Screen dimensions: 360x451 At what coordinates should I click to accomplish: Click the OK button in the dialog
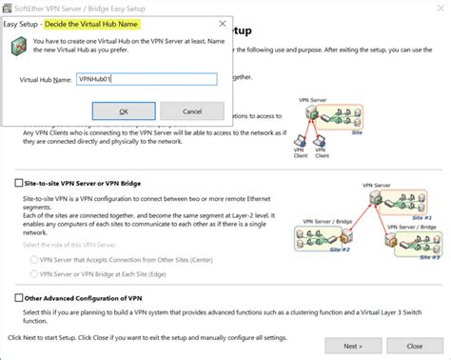point(123,111)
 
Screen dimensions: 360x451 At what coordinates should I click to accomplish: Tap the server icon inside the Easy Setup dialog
point(18,47)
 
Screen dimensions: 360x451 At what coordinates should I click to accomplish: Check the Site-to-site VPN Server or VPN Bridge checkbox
point(18,181)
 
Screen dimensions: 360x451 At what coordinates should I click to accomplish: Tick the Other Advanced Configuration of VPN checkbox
point(18,298)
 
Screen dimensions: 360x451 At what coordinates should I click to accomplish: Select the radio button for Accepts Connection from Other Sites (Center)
point(34,258)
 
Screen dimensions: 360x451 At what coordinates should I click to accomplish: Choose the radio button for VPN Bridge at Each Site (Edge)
point(34,273)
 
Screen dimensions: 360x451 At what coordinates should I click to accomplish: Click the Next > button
point(352,344)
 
